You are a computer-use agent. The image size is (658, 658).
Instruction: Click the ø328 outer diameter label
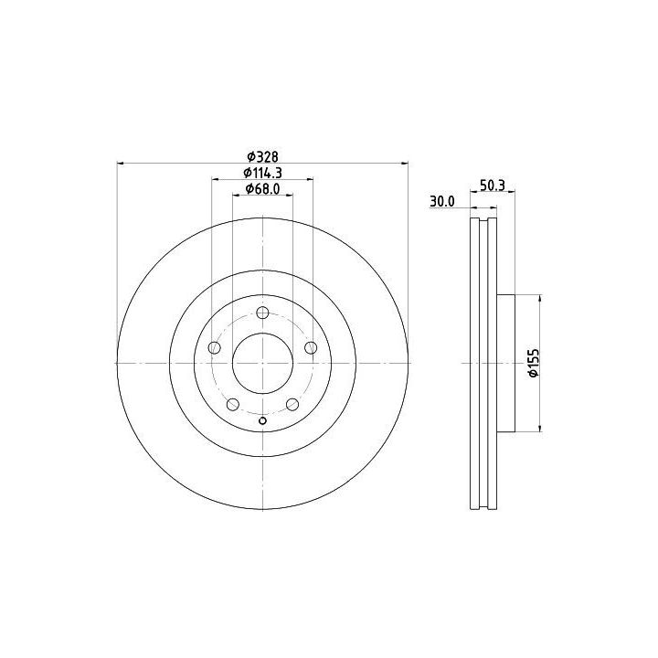click(262, 156)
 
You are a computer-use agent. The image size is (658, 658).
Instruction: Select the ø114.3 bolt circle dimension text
click(262, 173)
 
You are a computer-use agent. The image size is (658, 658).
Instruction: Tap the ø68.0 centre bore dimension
click(262, 189)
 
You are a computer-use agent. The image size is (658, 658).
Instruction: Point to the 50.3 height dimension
click(493, 185)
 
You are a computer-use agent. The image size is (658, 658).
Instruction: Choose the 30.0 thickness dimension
click(442, 201)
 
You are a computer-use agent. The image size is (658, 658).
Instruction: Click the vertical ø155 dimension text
click(533, 363)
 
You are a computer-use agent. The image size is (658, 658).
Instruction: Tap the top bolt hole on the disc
click(262, 313)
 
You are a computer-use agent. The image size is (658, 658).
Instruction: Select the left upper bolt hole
click(215, 347)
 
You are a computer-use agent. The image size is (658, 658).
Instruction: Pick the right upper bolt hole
click(311, 347)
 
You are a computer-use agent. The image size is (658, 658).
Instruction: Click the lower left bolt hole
click(233, 405)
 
